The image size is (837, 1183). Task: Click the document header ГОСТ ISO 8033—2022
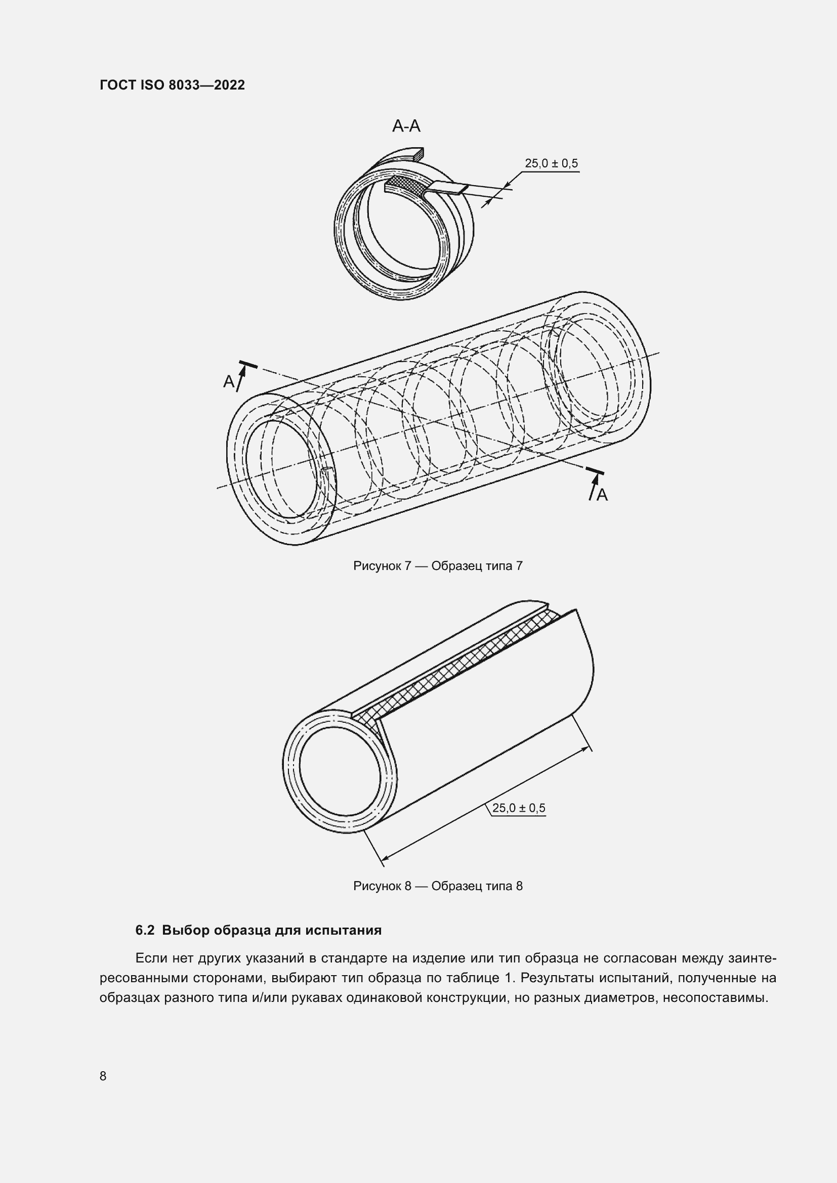pyautogui.click(x=172, y=85)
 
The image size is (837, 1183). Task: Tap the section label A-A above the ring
pyautogui.click(x=406, y=126)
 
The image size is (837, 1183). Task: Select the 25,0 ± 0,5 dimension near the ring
pyautogui.click(x=551, y=163)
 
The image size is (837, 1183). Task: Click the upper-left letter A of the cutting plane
pyautogui.click(x=228, y=381)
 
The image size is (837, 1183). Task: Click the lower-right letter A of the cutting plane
pyautogui.click(x=602, y=495)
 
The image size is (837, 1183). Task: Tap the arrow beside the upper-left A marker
pyautogui.click(x=241, y=375)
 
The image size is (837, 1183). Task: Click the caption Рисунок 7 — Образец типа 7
pyautogui.click(x=438, y=566)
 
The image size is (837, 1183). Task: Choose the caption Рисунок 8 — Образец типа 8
pyautogui.click(x=438, y=886)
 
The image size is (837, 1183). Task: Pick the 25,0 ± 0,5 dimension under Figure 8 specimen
pyautogui.click(x=518, y=807)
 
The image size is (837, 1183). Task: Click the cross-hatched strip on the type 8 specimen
pyautogui.click(x=464, y=665)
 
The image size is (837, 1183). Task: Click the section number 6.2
pyautogui.click(x=145, y=930)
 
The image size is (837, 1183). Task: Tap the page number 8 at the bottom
pyautogui.click(x=103, y=1076)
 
